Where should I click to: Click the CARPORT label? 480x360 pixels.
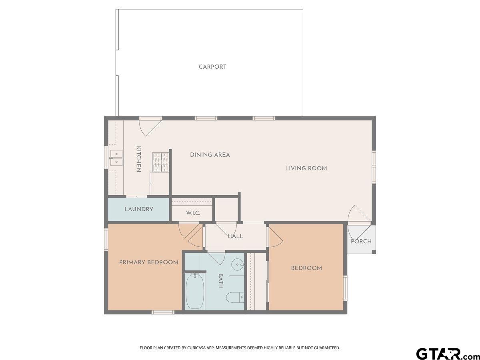point(212,67)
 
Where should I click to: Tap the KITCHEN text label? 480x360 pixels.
point(138,159)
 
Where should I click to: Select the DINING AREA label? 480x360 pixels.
point(210,155)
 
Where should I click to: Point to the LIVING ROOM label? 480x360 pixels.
point(306,168)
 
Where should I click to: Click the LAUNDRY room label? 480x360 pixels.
point(138,209)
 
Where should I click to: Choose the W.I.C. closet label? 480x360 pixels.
point(193,213)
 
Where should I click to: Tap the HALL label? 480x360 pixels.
point(235,236)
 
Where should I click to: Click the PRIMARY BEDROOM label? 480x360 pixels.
point(148,262)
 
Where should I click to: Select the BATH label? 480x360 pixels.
point(221,281)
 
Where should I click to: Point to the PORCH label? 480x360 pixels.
point(361,241)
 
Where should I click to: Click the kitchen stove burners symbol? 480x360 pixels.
point(160,162)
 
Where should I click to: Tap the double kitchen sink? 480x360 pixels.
point(116,158)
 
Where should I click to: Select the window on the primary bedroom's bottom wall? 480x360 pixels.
point(163,312)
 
